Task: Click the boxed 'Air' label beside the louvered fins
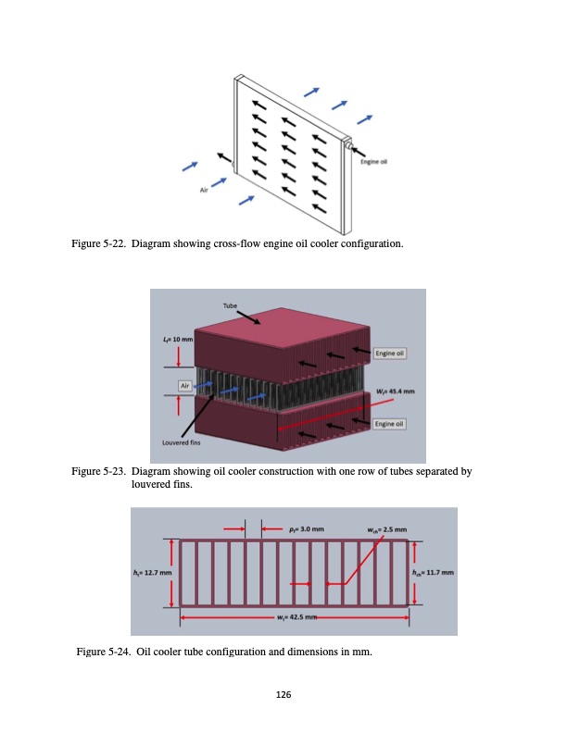click(186, 384)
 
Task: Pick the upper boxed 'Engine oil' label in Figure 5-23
click(389, 353)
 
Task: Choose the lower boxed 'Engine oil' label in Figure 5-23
click(389, 423)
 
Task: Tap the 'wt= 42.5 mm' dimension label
click(296, 616)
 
